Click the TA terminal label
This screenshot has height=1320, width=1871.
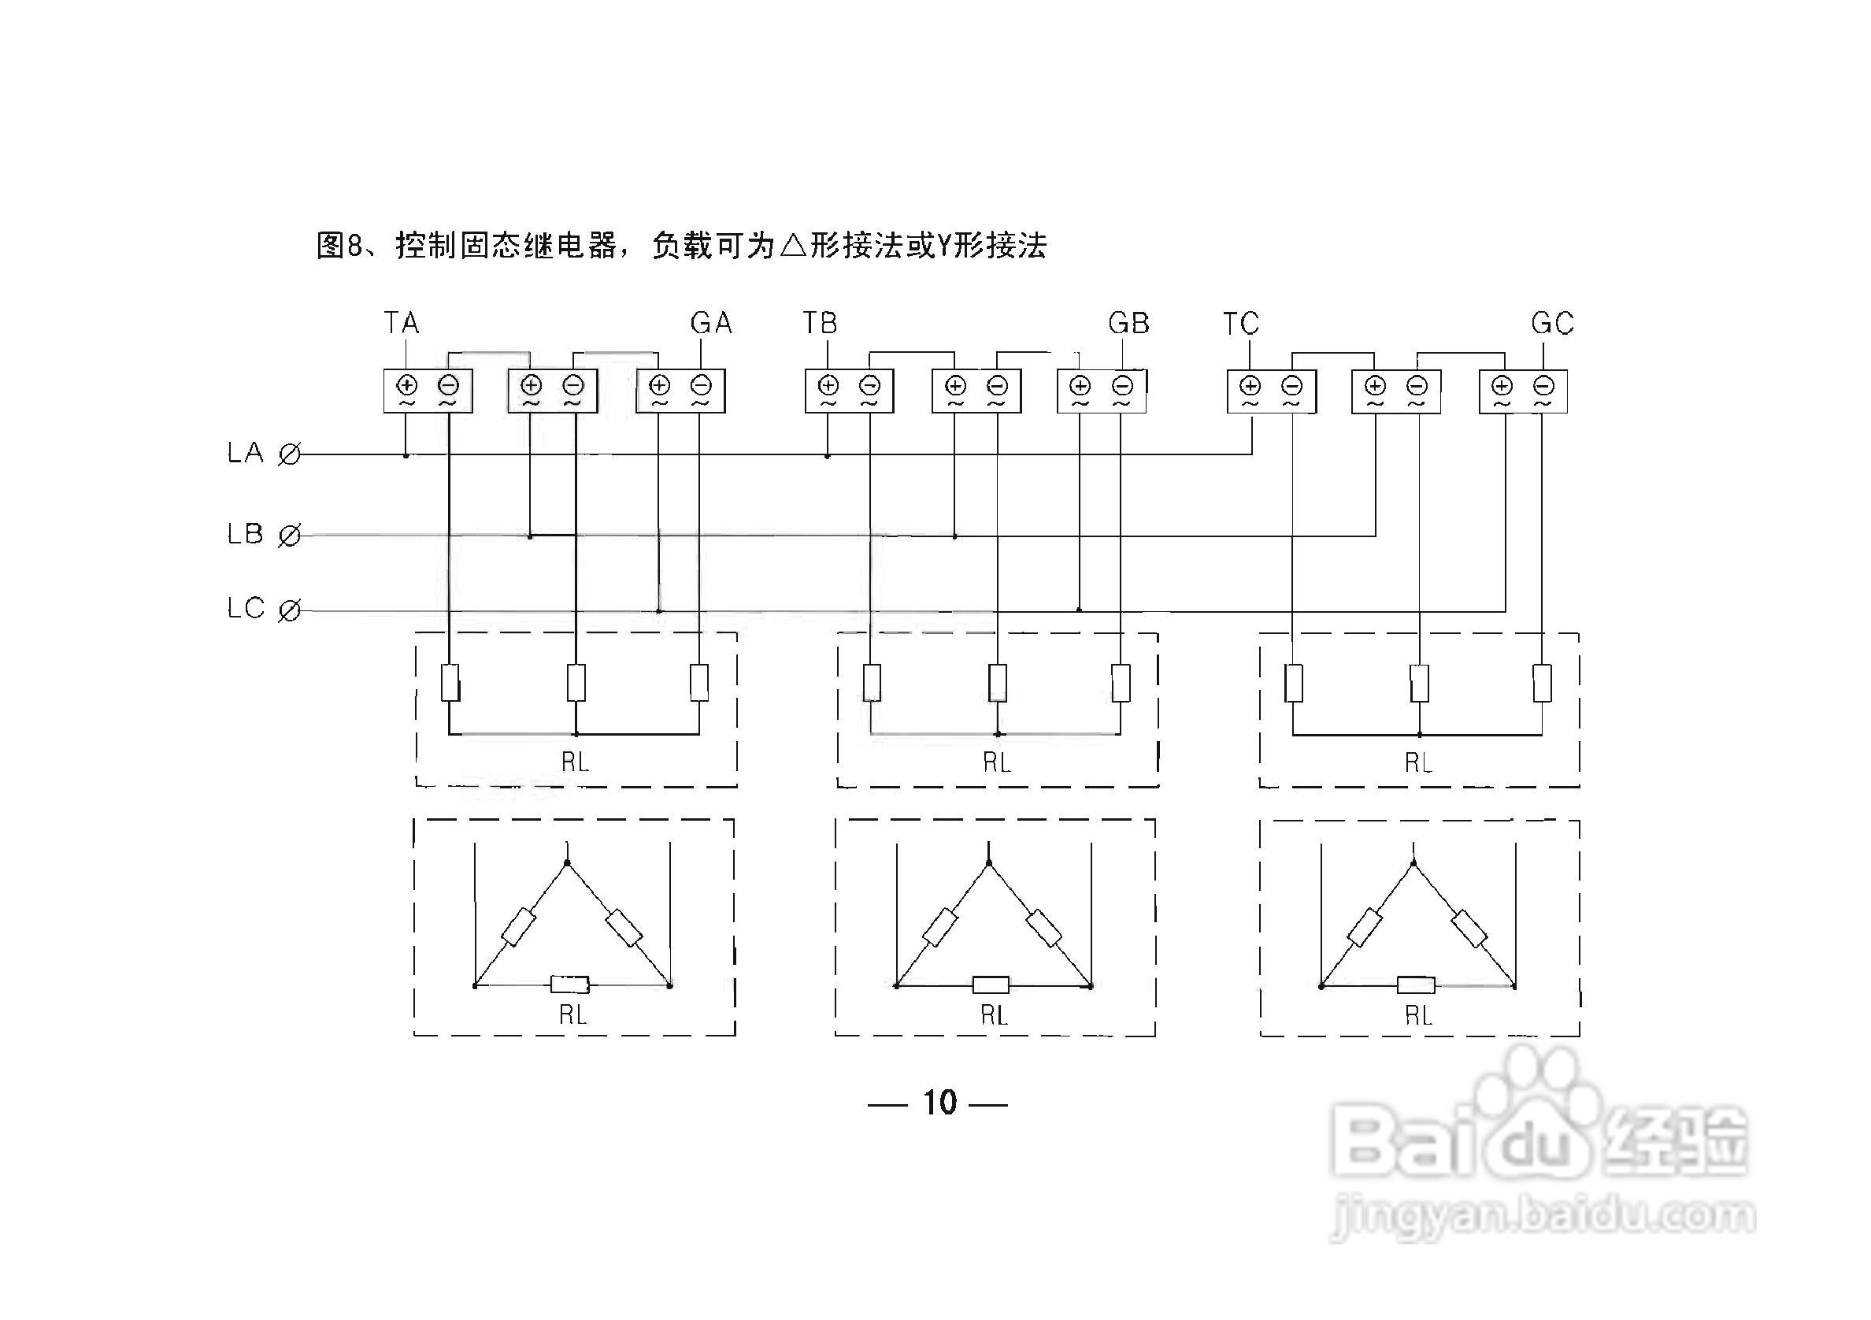click(x=402, y=324)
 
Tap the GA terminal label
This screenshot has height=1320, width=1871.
click(x=710, y=324)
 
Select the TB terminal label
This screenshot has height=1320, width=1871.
click(x=820, y=324)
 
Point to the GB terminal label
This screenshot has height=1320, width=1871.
click(x=1128, y=324)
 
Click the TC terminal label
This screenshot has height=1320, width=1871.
click(x=1241, y=324)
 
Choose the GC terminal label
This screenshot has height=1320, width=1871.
click(x=1552, y=324)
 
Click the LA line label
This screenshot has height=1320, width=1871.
click(x=245, y=453)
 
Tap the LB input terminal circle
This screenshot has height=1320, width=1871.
click(x=289, y=536)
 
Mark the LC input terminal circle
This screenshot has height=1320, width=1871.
click(x=289, y=610)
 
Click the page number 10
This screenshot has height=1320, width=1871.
click(x=939, y=1103)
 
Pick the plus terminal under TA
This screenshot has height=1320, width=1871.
click(x=406, y=384)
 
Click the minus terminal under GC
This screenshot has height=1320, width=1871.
click(x=1543, y=384)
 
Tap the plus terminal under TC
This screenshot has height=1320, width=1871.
click(x=1250, y=384)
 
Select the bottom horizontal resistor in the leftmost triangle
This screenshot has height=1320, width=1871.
click(x=569, y=984)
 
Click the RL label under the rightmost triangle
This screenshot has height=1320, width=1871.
click(x=1419, y=1015)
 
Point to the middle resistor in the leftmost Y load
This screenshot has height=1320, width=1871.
click(x=576, y=683)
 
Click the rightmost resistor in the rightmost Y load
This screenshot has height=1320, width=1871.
click(x=1542, y=683)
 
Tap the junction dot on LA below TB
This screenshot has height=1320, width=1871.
click(x=827, y=456)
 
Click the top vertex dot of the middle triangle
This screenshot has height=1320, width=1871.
click(x=989, y=863)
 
